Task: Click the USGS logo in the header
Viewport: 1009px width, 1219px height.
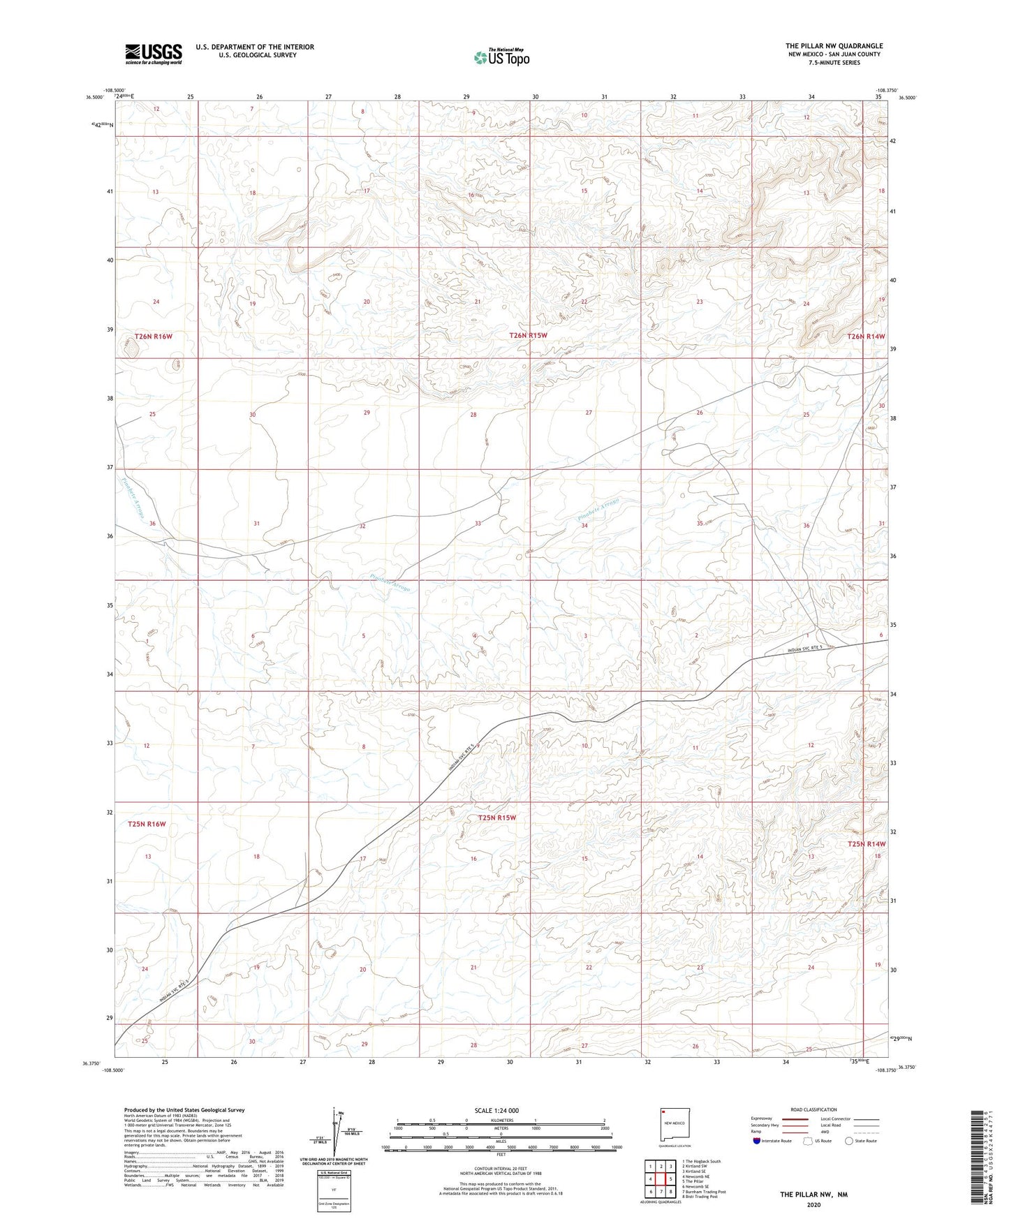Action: point(153,54)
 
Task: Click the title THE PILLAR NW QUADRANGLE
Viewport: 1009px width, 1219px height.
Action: point(834,46)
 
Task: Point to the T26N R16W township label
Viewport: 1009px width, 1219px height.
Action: point(153,337)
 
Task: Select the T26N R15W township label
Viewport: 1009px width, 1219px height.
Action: point(528,336)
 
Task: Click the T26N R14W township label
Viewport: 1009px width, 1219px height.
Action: point(866,337)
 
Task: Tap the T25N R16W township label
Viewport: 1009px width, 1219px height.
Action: point(147,824)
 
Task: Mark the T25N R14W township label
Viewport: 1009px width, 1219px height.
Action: point(866,844)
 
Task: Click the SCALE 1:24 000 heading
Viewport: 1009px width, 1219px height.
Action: point(496,1110)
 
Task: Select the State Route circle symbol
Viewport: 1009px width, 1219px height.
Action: point(849,1141)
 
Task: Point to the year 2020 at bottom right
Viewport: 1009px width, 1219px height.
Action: point(813,1204)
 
